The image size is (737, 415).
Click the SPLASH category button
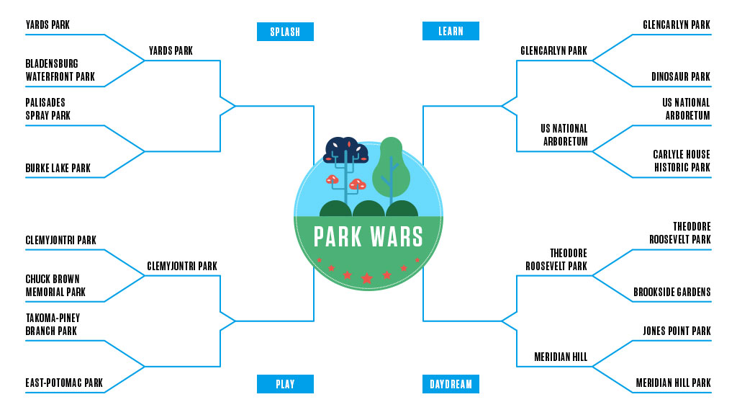pos(285,32)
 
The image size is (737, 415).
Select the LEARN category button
pos(451,31)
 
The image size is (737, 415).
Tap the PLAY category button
pos(285,384)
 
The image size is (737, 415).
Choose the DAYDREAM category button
pos(451,384)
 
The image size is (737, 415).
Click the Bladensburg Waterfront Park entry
pos(60,71)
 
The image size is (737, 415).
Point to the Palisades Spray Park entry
pos(48,109)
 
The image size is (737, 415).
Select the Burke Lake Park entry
pos(58,169)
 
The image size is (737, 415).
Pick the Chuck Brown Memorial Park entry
pos(55,285)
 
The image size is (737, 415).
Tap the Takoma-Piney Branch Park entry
pos(53,324)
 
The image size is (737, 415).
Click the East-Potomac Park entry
pos(64,383)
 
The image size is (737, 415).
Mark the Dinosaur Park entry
pos(681,77)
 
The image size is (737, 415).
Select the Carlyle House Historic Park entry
pos(682,161)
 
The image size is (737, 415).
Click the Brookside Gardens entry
pos(672,293)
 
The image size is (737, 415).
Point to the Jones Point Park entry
pos(677,331)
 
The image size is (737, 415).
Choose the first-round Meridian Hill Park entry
pos(673,383)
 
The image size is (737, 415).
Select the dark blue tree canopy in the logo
pos(346,150)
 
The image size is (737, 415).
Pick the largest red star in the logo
pos(367,278)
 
